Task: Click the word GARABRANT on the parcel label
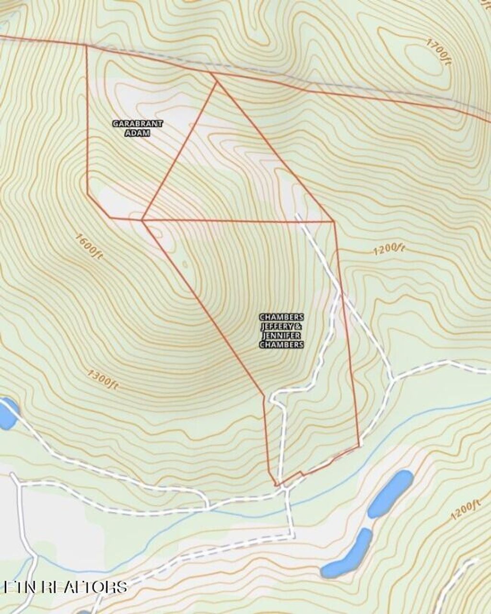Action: [x=138, y=124]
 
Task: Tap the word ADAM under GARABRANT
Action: [x=138, y=133]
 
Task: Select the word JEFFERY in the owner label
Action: [x=277, y=326]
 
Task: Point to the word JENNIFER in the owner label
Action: [x=281, y=335]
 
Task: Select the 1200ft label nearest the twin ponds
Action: [x=465, y=510]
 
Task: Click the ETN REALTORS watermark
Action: [x=65, y=587]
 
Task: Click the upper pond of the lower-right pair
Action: [x=390, y=493]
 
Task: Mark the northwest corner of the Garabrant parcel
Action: [x=86, y=46]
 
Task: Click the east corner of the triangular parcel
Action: [x=334, y=221]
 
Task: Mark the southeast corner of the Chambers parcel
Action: [x=359, y=446]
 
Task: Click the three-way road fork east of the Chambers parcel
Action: [x=392, y=379]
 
